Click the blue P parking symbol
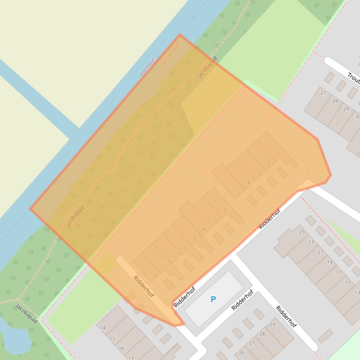(x=213, y=299)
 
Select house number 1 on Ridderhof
(x=279, y=155)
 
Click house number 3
(x=259, y=173)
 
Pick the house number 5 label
(x=238, y=193)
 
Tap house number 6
(x=225, y=210)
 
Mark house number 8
(x=204, y=230)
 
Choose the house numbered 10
(x=184, y=248)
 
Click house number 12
(x=164, y=266)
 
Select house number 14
(x=103, y=328)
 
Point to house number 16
(x=121, y=348)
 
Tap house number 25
(x=302, y=231)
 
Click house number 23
(x=311, y=242)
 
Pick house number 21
(x=321, y=252)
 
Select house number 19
(x=330, y=262)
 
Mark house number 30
(x=358, y=117)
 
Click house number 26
(x=242, y=353)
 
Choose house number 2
(x=269, y=164)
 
